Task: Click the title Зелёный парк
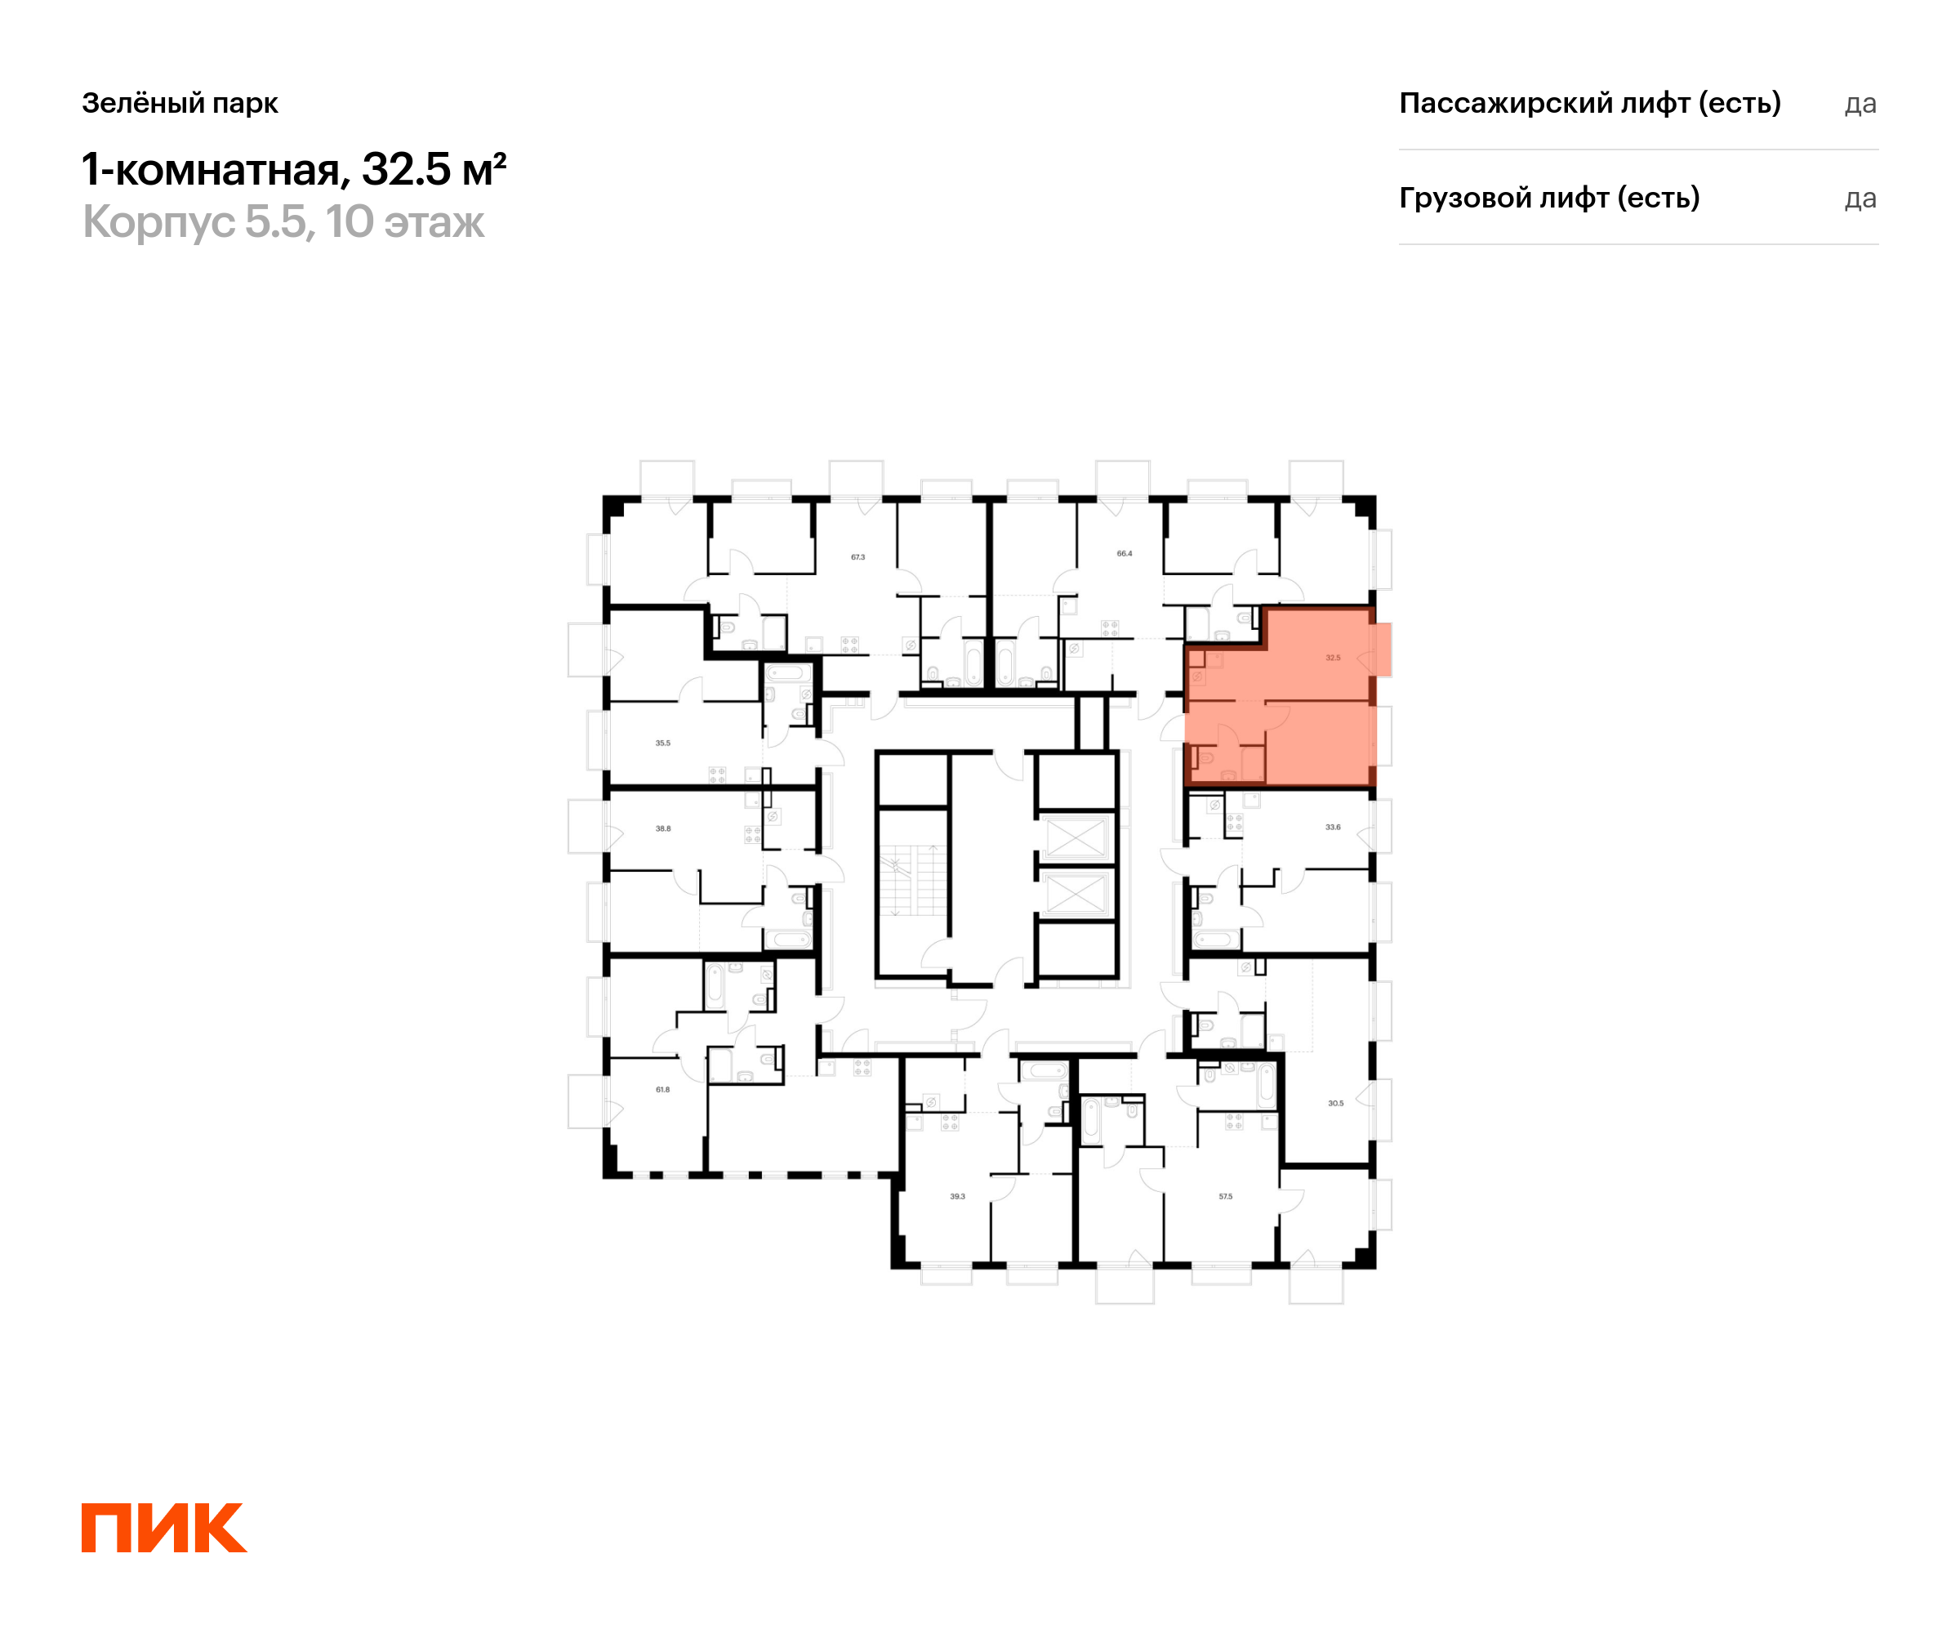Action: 180,103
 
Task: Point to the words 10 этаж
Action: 405,222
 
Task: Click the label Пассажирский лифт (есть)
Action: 1589,103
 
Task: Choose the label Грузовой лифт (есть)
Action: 1549,198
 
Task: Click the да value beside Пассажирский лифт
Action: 1860,104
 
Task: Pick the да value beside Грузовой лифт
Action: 1860,199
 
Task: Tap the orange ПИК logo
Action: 164,1528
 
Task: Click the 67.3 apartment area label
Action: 857,557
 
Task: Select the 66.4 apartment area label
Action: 1125,554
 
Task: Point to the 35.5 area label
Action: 662,743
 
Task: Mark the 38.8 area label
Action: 662,828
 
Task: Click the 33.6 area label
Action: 1333,828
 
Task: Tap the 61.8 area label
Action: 662,1090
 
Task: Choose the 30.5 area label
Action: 1335,1103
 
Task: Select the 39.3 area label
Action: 958,1196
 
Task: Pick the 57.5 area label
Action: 1226,1196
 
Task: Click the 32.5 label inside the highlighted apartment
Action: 1333,659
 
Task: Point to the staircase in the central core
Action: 913,880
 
